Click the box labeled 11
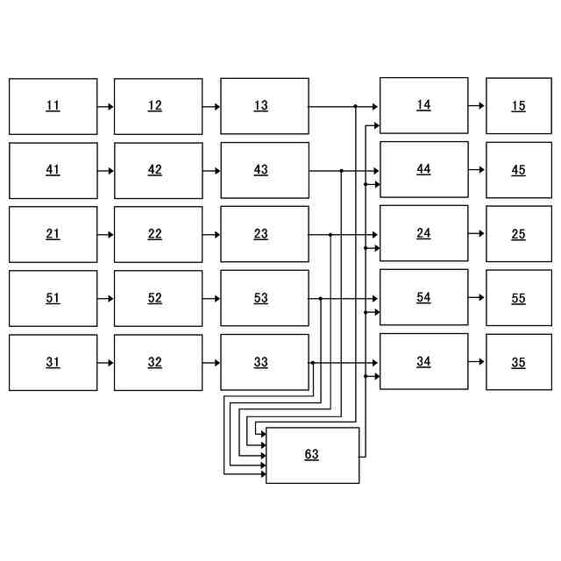53,106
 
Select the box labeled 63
312,455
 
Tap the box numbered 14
423,105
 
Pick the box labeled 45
519,170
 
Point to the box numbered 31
53,362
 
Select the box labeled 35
519,362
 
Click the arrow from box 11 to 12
106,107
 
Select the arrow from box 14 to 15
477,105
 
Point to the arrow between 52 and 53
211,298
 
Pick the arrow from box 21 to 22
106,235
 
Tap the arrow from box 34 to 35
477,361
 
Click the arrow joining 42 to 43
211,171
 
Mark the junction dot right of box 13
355,107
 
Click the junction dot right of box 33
313,362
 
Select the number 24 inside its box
423,233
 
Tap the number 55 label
519,299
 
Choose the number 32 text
154,362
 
